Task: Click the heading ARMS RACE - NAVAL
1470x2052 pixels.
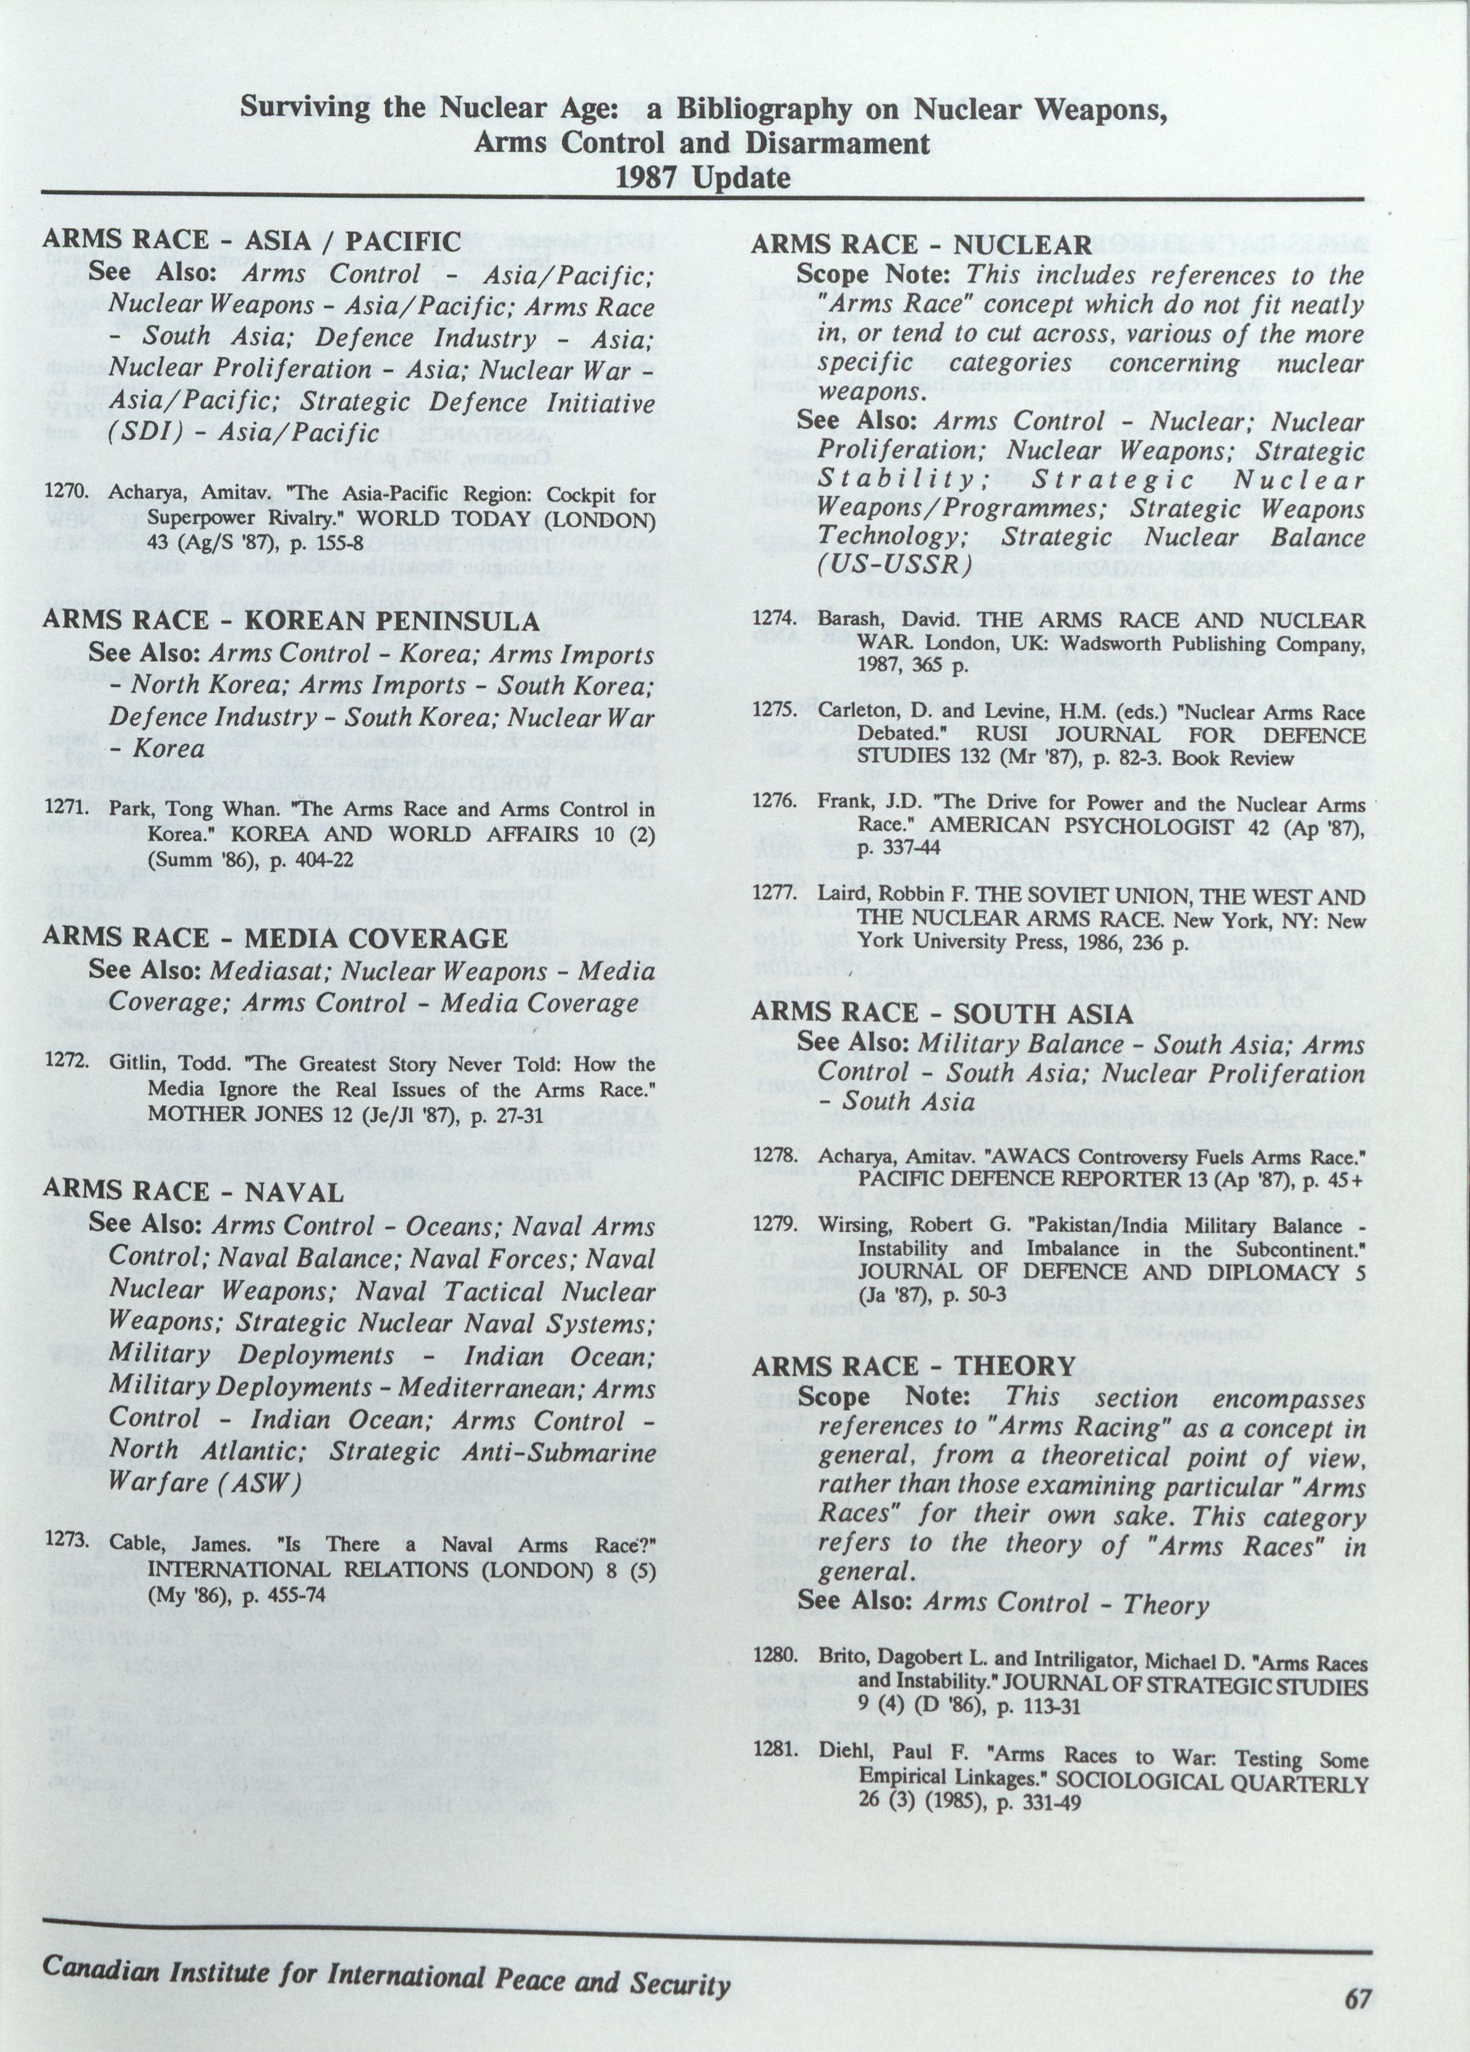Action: click(x=193, y=1192)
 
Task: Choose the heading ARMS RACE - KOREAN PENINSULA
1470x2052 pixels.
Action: click(x=291, y=621)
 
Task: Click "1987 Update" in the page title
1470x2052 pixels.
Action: click(x=703, y=177)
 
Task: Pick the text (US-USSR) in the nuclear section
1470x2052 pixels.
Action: click(x=894, y=565)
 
